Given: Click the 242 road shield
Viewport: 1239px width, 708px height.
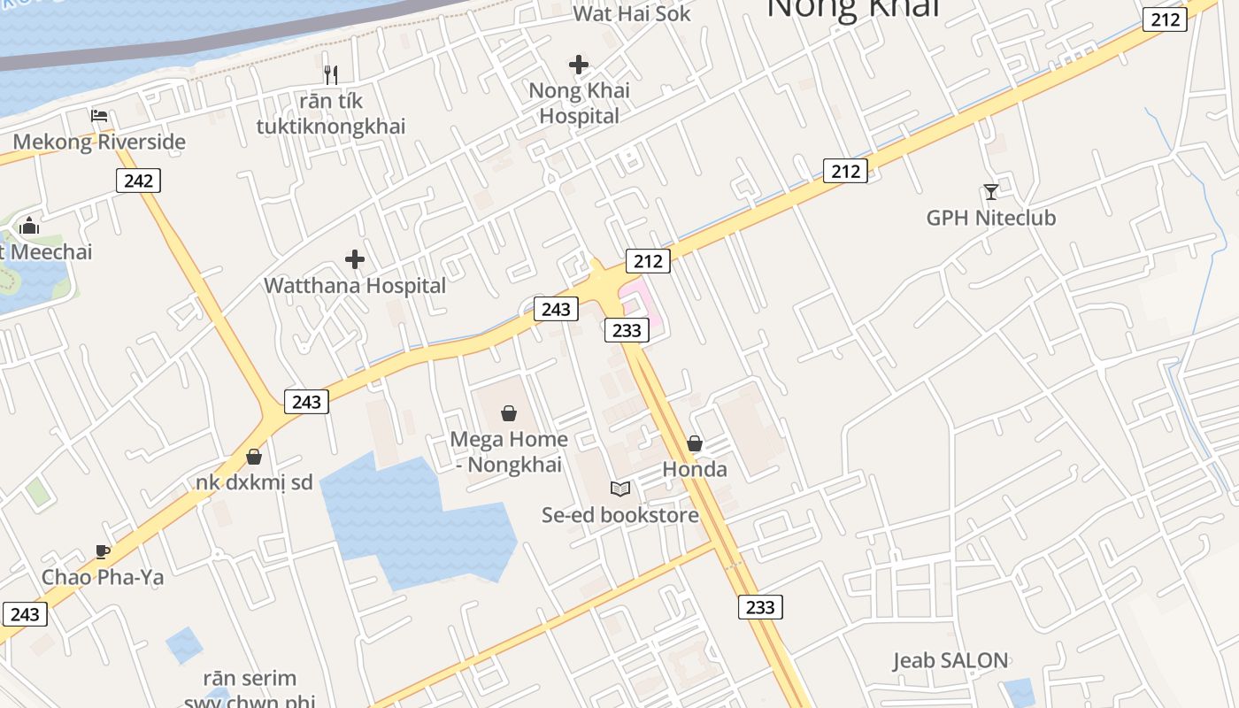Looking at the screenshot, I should (138, 181).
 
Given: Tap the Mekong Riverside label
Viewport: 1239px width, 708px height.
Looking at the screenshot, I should (99, 142).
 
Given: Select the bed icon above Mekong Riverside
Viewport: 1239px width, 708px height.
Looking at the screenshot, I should (99, 116).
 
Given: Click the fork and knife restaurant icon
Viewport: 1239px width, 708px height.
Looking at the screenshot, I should (331, 74).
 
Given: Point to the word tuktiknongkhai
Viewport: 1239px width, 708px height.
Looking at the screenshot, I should (331, 127).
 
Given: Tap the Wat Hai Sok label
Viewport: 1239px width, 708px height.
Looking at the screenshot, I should (632, 13).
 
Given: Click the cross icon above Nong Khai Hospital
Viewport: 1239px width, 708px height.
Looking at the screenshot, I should (579, 65).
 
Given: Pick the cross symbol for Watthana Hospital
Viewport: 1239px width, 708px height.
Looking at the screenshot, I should (355, 259).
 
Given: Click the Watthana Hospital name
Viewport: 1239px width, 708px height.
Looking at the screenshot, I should (355, 286).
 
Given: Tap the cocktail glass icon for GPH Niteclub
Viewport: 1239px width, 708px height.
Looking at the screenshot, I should (991, 191).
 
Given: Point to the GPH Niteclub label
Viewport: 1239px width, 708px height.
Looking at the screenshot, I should (991, 218).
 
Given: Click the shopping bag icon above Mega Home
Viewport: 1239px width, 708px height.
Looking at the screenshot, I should (509, 413).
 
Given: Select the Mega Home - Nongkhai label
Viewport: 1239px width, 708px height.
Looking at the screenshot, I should (509, 451).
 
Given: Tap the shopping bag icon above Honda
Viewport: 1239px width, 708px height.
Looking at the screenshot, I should (695, 443).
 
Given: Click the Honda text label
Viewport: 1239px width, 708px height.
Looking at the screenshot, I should (695, 470).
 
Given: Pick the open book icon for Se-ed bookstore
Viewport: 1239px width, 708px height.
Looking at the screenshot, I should (620, 489).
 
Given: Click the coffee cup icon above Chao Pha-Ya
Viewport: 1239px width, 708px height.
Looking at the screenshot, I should (103, 552).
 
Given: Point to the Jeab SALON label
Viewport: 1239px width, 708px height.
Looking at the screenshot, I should (950, 660).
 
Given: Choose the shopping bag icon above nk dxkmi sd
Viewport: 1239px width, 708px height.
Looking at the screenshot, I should (254, 457).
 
